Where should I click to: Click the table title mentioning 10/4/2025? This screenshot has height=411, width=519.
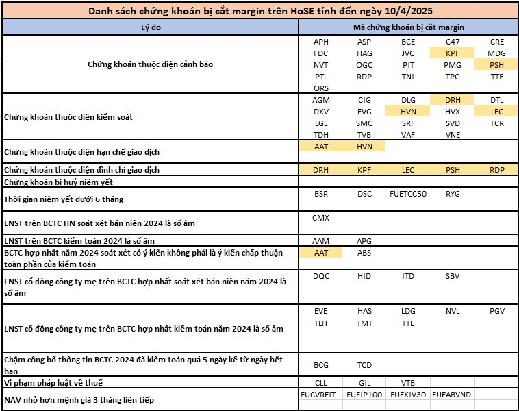[x=259, y=12]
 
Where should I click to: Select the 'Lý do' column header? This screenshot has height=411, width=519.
[x=149, y=27]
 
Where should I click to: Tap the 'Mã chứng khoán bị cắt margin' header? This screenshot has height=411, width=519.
[x=409, y=27]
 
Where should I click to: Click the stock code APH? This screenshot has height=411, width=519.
[x=321, y=42]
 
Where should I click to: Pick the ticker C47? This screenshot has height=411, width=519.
[x=453, y=42]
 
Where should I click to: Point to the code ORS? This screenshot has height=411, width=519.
[x=321, y=88]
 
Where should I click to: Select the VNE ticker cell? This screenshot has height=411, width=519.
[x=453, y=135]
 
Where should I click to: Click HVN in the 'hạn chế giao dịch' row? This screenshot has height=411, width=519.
[x=364, y=147]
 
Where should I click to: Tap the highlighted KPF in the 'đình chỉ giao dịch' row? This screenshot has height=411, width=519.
[x=364, y=169]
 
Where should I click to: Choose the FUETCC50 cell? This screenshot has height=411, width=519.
[x=408, y=194]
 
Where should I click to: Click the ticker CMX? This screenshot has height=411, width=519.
[x=321, y=218]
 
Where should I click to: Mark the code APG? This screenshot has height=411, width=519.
[x=364, y=241]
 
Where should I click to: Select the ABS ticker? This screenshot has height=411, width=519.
[x=364, y=253]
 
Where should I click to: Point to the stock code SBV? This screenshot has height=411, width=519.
[x=453, y=276]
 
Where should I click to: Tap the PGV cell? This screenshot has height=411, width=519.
[x=496, y=311]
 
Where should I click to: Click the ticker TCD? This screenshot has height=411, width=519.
[x=364, y=365]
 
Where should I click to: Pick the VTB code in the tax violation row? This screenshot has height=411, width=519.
[x=408, y=382]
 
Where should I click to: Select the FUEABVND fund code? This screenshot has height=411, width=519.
[x=453, y=395]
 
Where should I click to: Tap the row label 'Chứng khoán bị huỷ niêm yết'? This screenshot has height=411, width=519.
[x=58, y=182]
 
